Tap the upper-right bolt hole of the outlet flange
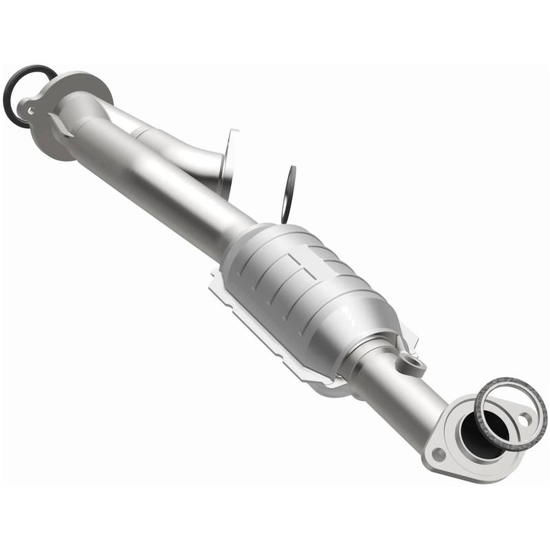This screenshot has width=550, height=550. click(x=525, y=418)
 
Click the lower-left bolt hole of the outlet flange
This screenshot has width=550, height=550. click(x=438, y=453)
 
